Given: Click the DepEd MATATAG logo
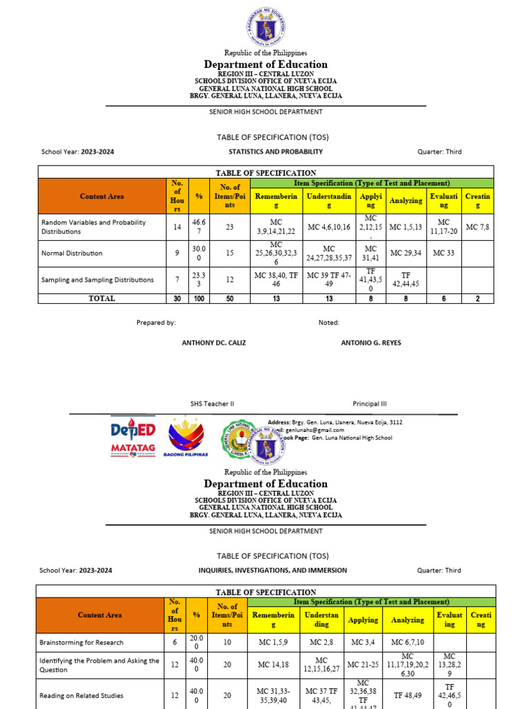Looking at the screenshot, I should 133,437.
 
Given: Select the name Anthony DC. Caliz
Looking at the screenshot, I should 213,343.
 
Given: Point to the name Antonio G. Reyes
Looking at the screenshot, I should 371,343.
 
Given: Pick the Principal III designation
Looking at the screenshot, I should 370,404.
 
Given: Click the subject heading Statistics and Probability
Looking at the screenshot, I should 276,152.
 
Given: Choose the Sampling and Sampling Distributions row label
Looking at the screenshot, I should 97,280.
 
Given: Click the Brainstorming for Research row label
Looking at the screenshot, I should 82,643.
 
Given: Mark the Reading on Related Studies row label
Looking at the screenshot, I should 81,695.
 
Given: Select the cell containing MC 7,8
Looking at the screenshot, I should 478,226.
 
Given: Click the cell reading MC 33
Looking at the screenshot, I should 444,253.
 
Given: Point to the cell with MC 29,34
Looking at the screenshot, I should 405,253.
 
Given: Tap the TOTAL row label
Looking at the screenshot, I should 101,298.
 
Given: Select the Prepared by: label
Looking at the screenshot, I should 156,323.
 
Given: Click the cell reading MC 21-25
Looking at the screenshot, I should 364,665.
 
